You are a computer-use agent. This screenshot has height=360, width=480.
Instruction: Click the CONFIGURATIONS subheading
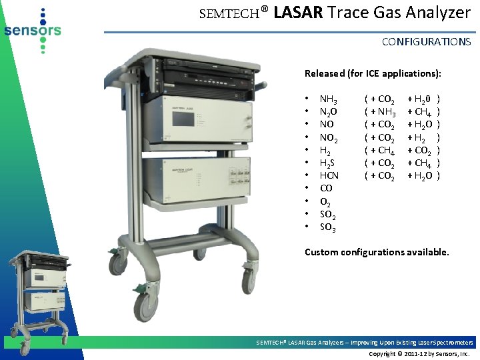(x=426, y=41)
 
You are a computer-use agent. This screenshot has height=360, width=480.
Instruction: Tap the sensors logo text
(x=31, y=30)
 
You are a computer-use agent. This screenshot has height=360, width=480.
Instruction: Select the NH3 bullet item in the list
(x=328, y=99)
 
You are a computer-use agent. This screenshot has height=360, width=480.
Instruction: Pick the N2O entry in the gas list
(x=328, y=111)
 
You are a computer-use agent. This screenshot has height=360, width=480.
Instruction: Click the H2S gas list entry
(x=328, y=163)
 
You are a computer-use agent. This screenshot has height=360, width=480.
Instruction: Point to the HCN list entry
(x=329, y=175)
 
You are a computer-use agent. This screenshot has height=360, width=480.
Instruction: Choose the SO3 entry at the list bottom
(x=328, y=228)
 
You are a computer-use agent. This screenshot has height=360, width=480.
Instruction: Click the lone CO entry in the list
(x=327, y=189)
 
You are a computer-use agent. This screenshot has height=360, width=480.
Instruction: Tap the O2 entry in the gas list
(x=326, y=202)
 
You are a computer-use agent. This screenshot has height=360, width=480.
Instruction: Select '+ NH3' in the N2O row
(x=383, y=111)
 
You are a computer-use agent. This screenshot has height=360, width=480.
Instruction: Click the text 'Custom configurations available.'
(x=377, y=252)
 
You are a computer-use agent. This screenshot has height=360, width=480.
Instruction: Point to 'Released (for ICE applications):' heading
(x=373, y=73)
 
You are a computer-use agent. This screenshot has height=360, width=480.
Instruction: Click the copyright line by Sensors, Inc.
(x=419, y=353)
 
